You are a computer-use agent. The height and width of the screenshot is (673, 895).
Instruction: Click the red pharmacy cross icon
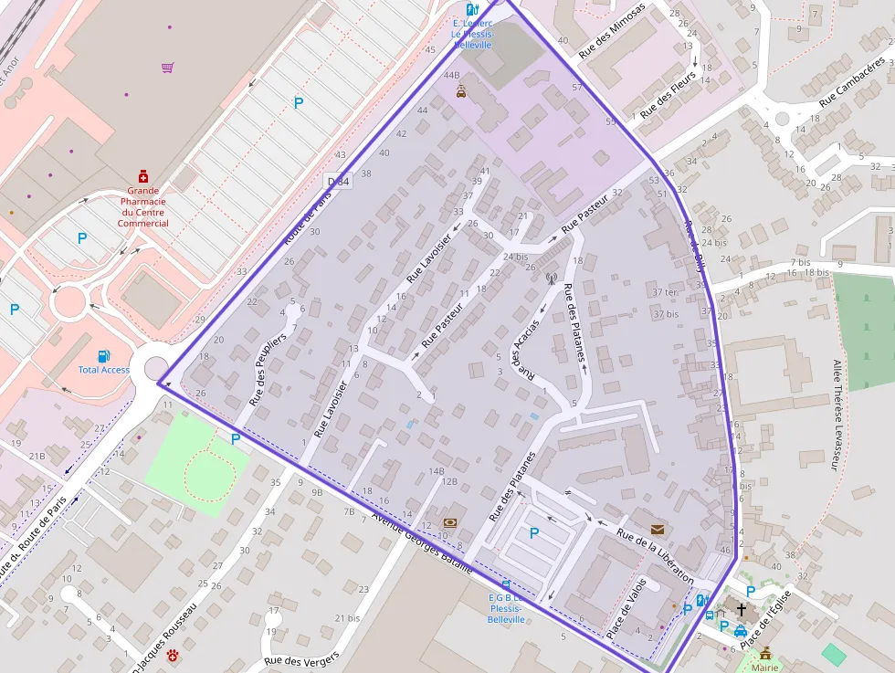click(143, 176)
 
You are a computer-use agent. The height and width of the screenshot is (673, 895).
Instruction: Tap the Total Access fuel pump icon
click(104, 355)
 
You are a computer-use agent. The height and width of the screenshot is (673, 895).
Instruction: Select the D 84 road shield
click(338, 182)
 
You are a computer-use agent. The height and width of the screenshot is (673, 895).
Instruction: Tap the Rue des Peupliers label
click(268, 370)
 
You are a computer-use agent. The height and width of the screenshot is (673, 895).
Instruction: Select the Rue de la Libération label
click(655, 556)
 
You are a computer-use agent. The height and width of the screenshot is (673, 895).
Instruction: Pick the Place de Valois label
click(626, 608)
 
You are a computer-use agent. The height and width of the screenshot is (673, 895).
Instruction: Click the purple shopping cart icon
click(167, 67)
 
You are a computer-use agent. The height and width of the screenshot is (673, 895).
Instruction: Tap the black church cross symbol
click(741, 610)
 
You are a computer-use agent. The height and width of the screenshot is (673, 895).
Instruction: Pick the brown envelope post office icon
click(658, 529)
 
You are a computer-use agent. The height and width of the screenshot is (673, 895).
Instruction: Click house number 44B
click(451, 75)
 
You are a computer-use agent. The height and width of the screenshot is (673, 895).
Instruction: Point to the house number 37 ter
click(665, 293)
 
